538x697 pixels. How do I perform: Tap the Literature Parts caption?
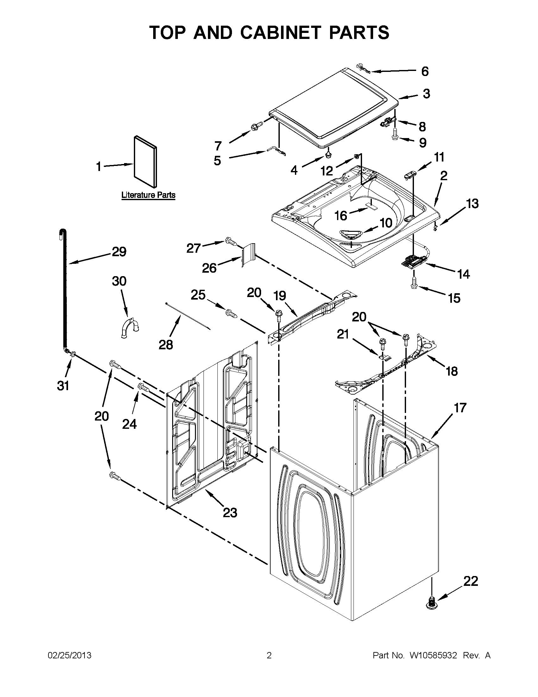[148, 195]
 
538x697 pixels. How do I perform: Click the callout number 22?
[470, 581]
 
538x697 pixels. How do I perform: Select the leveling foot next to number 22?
[431, 601]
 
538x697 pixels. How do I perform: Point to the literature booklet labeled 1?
[146, 162]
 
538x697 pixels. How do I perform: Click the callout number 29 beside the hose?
[119, 252]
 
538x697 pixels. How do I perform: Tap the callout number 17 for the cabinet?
[460, 408]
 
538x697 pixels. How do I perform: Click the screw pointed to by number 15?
[414, 282]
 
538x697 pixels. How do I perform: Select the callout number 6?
[425, 71]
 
